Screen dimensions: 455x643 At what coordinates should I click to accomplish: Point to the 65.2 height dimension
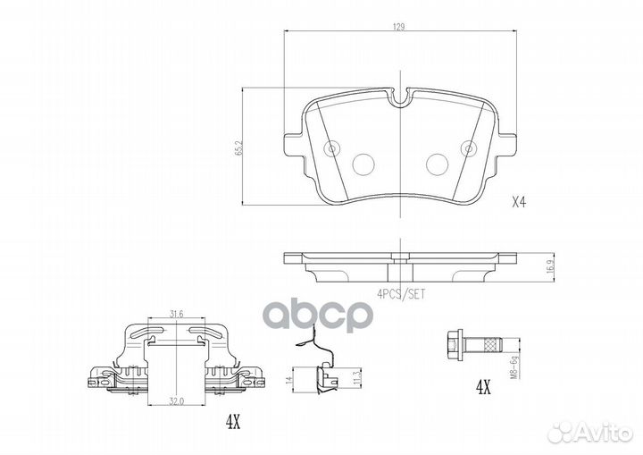238,147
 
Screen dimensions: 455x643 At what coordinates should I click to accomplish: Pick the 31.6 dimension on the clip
177,313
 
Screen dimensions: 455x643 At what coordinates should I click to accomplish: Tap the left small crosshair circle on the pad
332,149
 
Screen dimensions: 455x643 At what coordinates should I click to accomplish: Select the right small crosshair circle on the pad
467,149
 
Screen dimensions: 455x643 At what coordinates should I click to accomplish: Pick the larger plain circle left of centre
364,164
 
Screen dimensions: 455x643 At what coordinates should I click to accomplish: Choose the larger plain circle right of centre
437,164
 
